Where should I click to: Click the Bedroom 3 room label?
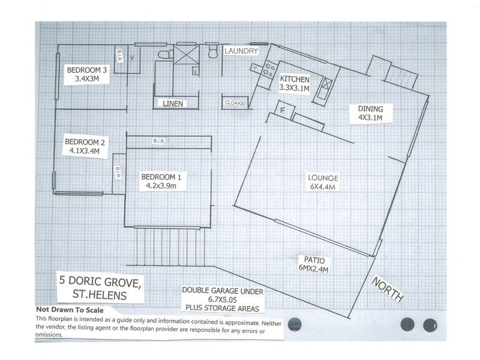[x=87, y=74]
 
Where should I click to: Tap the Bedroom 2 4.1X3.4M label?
[x=85, y=146]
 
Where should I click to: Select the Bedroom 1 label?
[x=161, y=181]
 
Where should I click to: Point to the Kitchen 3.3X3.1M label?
[x=295, y=84]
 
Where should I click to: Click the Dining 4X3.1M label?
[x=370, y=113]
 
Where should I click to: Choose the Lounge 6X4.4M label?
[x=323, y=182]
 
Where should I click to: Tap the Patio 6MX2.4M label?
[x=314, y=265]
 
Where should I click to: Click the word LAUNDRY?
[x=241, y=51]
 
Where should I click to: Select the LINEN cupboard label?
[x=173, y=104]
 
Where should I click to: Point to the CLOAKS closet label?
[x=234, y=103]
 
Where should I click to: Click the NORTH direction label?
[x=388, y=289]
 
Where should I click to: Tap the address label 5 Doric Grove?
[x=100, y=287]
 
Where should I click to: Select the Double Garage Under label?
[x=223, y=299]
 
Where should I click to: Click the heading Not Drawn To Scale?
[x=70, y=310]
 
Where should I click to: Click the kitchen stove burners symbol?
[x=269, y=69]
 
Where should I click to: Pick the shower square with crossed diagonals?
[x=187, y=55]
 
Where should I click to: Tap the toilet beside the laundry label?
[x=212, y=51]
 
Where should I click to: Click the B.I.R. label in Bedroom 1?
[x=158, y=141]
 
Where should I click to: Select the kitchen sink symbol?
[x=326, y=84]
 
